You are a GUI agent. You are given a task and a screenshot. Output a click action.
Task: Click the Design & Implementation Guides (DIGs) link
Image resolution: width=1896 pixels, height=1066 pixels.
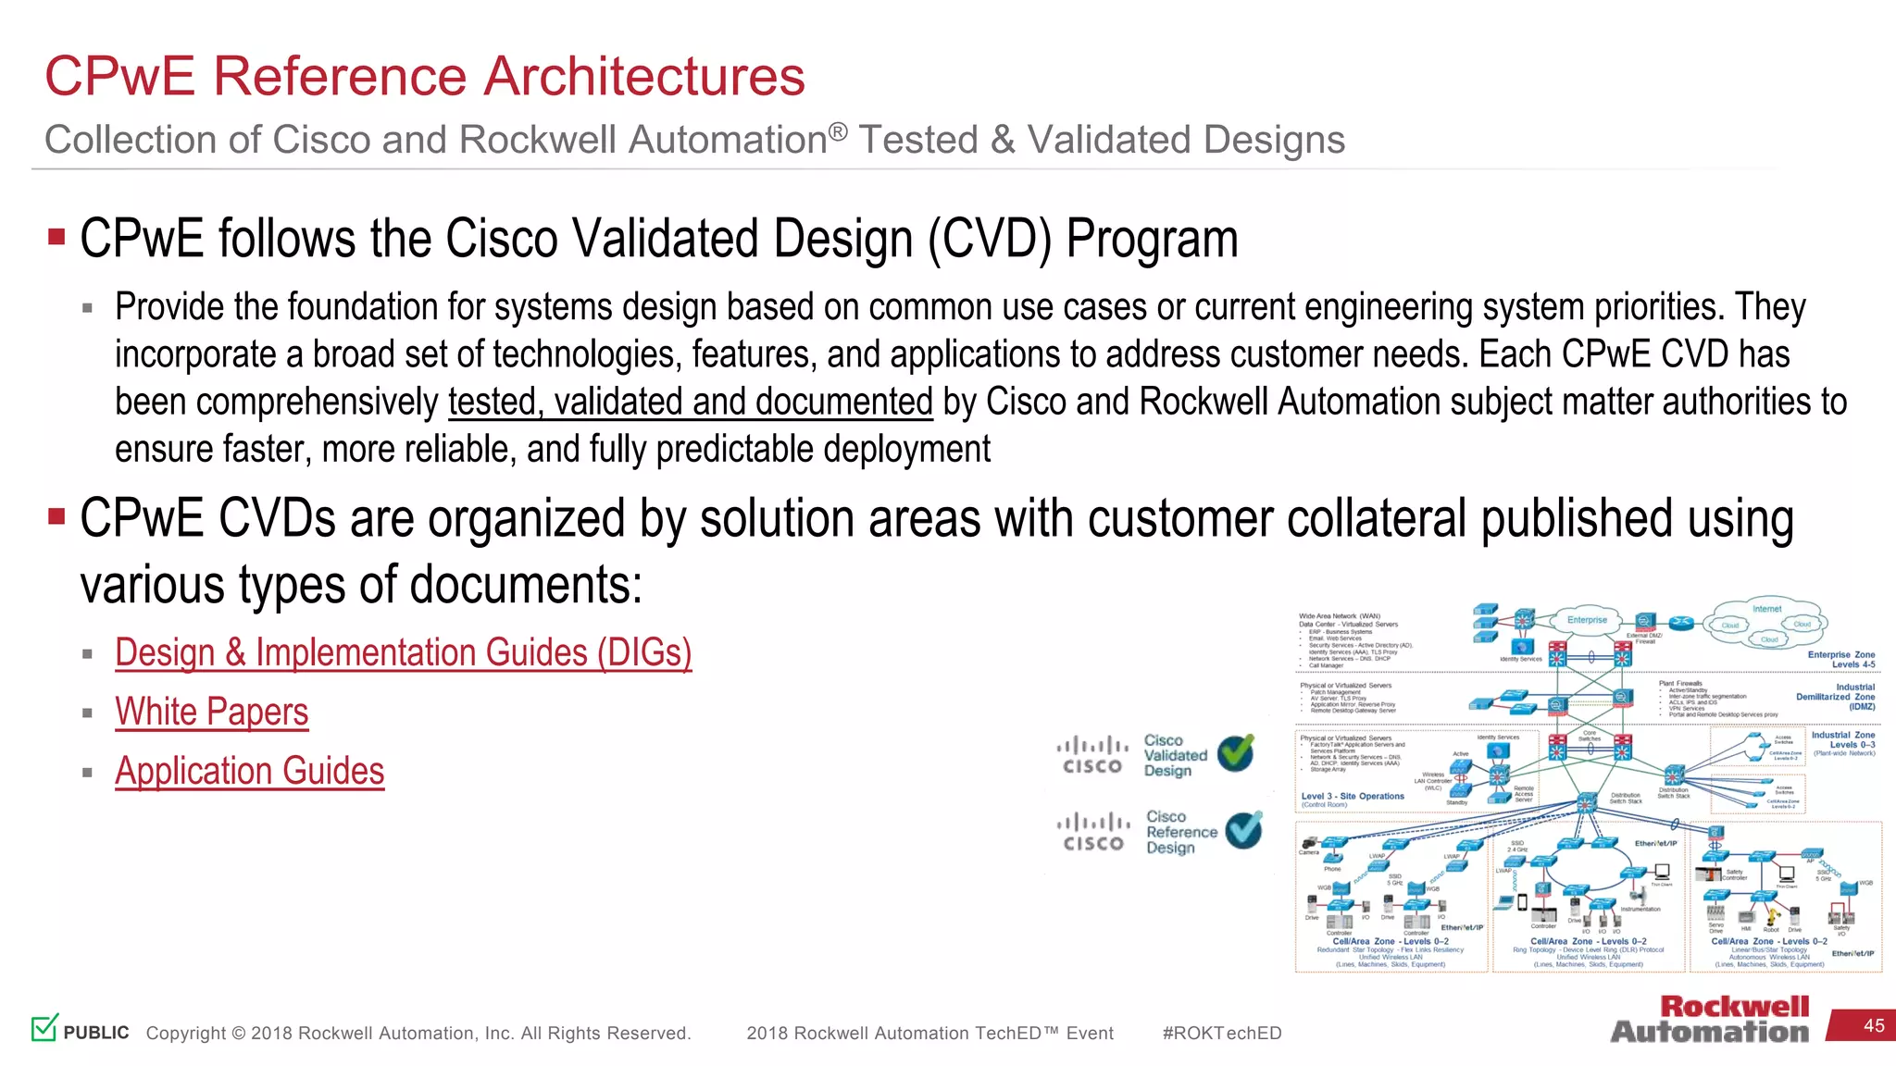click(403, 652)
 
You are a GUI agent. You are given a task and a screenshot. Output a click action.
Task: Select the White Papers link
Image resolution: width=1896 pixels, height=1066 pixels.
click(211, 712)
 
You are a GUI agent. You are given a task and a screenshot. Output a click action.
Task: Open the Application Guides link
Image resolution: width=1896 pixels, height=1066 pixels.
click(249, 771)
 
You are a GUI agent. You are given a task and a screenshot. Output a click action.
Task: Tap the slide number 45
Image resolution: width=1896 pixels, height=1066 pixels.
click(1874, 1025)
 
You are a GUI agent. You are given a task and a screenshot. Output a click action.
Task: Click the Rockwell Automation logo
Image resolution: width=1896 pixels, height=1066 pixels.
click(1710, 1019)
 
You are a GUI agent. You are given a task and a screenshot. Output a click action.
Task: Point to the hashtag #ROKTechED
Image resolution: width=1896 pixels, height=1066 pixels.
click(1221, 1033)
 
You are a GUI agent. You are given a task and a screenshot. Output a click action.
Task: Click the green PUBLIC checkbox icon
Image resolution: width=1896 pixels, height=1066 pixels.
click(44, 1027)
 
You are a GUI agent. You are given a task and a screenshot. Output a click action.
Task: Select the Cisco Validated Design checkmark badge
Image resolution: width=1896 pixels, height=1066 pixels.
click(1236, 753)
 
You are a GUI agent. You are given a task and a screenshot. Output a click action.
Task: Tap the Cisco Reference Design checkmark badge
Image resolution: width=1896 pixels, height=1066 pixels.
click(1243, 830)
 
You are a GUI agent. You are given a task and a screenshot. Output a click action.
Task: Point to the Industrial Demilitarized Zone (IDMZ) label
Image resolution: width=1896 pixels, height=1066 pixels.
click(1837, 697)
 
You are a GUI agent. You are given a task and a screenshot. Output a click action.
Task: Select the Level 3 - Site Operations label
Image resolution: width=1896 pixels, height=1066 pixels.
click(1352, 796)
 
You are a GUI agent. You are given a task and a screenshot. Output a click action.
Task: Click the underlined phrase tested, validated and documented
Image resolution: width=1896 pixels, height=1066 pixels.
click(690, 402)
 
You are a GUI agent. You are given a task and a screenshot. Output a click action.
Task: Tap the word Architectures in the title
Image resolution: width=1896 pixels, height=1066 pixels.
click(644, 76)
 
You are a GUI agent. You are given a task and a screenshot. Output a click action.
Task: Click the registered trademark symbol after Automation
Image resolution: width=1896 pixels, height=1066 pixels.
click(837, 131)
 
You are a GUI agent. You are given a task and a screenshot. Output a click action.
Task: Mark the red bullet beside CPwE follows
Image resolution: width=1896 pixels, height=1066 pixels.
click(56, 237)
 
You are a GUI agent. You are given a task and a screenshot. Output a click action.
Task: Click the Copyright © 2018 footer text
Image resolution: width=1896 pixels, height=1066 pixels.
click(418, 1033)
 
